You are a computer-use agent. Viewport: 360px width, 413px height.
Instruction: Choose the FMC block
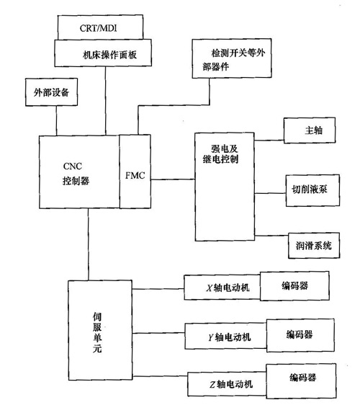click(136, 175)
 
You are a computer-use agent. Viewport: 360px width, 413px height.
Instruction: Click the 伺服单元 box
click(99, 329)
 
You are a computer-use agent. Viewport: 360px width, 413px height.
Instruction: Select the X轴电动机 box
click(222, 288)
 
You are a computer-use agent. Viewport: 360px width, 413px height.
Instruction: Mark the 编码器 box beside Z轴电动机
click(302, 378)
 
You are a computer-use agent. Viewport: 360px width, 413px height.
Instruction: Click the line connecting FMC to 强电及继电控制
click(173, 175)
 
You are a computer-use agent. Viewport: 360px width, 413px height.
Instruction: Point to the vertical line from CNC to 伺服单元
click(89, 245)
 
